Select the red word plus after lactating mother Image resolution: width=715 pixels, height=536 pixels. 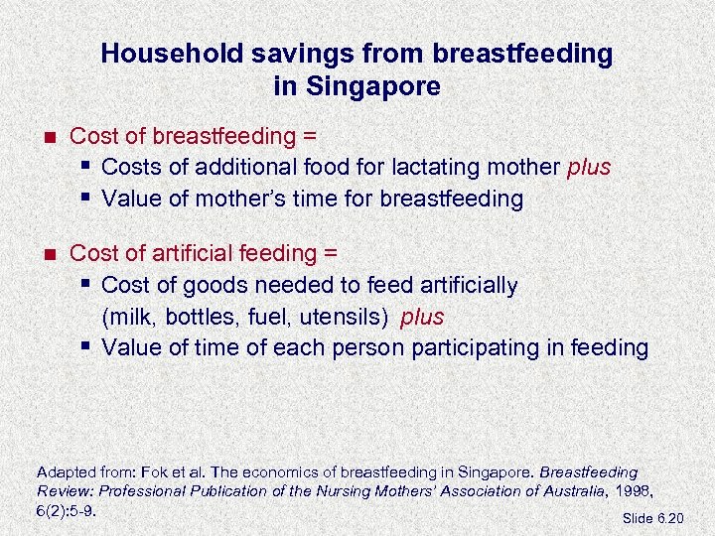click(589, 167)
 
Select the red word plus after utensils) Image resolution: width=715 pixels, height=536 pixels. click(422, 317)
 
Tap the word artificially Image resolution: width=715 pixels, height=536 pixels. click(460, 286)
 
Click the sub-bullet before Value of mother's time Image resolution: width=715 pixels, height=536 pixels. click(86, 198)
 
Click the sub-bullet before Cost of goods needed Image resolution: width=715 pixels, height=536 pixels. click(86, 285)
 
